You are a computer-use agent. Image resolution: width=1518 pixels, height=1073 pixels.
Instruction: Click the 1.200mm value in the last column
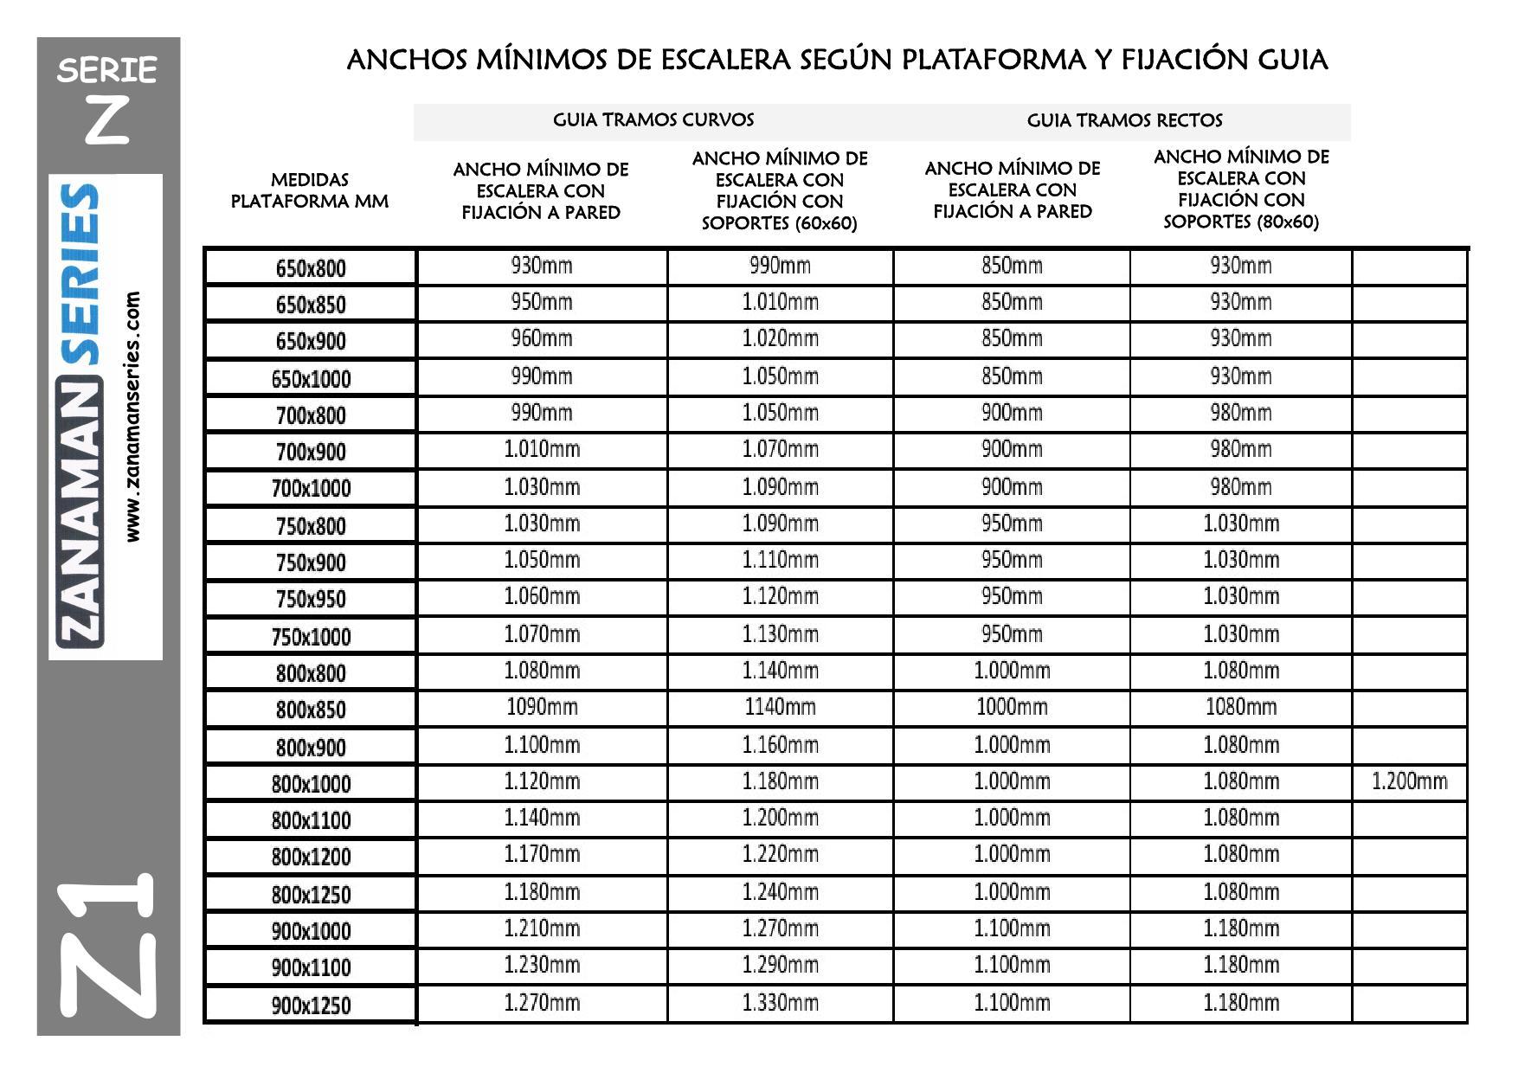(1409, 781)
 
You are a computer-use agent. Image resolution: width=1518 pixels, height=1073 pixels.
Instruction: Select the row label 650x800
(311, 268)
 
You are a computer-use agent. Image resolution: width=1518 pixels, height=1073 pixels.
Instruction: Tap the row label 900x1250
(311, 1006)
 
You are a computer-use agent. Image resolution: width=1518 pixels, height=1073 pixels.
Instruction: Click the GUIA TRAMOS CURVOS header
(653, 120)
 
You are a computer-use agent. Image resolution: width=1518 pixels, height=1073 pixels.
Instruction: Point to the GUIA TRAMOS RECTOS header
(1124, 120)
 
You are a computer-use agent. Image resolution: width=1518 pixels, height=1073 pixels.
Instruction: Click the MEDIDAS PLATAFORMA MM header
(310, 190)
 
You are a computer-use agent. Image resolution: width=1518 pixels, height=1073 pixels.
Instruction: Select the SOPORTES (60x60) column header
(779, 190)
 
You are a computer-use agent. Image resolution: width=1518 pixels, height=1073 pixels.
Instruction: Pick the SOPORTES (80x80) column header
(1241, 189)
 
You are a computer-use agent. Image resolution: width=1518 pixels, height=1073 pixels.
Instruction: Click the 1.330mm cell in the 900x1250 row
(780, 1003)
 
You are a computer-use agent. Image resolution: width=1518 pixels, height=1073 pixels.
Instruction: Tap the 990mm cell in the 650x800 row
(780, 266)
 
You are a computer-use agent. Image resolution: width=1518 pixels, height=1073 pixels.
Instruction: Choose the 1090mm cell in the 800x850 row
(542, 707)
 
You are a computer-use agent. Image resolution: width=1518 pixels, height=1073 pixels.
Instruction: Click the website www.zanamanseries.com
(132, 416)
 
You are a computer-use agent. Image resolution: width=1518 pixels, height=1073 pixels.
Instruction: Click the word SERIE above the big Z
(107, 70)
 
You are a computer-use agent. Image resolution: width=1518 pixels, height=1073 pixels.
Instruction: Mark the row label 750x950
(311, 599)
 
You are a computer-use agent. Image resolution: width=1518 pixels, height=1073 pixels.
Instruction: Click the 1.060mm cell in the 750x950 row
(542, 596)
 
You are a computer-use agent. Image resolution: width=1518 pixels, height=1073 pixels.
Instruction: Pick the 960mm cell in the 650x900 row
(542, 338)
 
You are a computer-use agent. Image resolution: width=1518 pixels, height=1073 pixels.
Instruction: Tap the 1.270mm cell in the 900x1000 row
(780, 928)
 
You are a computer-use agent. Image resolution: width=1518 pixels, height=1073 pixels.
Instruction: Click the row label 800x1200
(311, 857)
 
